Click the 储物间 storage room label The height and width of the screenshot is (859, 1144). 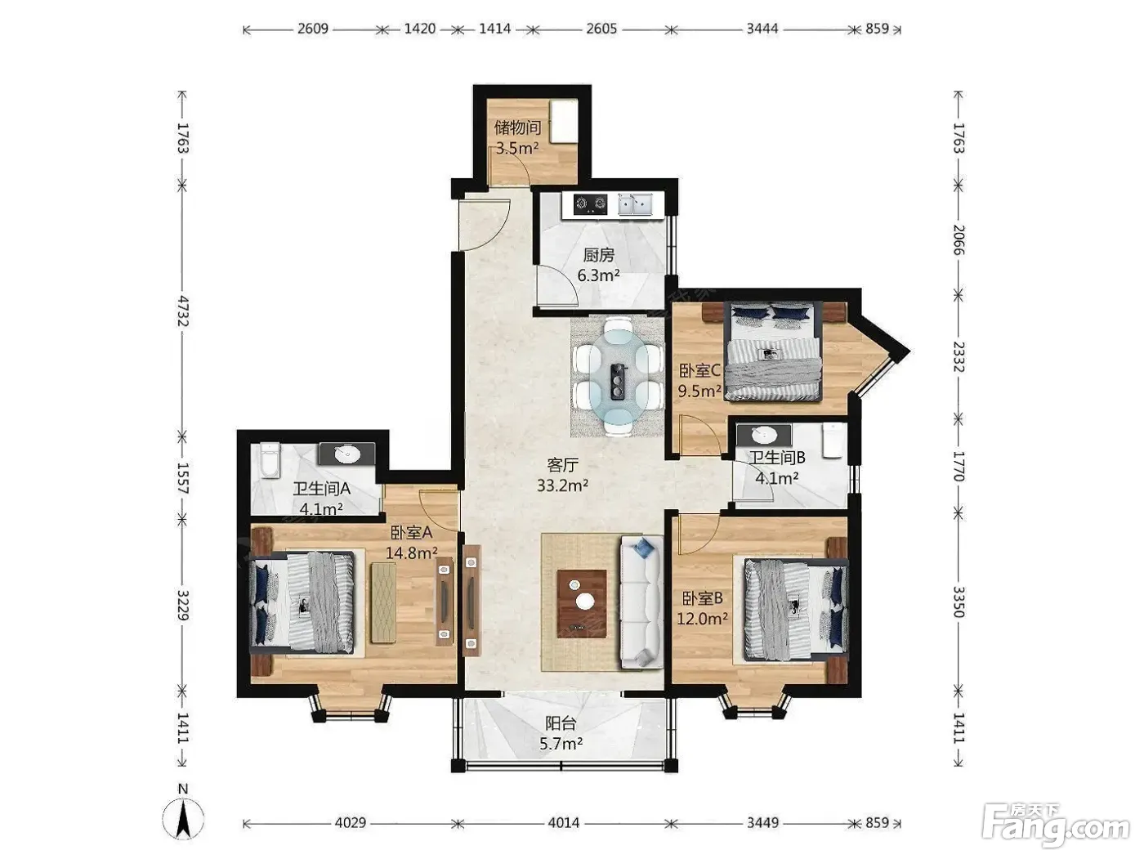click(517, 128)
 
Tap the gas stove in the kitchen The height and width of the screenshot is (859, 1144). click(590, 204)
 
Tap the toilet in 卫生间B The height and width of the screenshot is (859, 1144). click(833, 441)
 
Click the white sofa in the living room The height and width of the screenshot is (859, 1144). click(641, 602)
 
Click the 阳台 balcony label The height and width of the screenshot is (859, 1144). click(561, 723)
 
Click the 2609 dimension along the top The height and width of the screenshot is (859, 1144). click(313, 28)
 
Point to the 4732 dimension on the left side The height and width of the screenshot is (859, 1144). click(182, 311)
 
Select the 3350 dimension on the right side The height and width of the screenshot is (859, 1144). click(959, 602)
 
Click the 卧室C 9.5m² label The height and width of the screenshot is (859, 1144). click(699, 381)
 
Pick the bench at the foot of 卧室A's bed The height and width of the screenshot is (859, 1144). click(383, 602)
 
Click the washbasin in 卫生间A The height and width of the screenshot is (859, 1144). click(347, 454)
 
